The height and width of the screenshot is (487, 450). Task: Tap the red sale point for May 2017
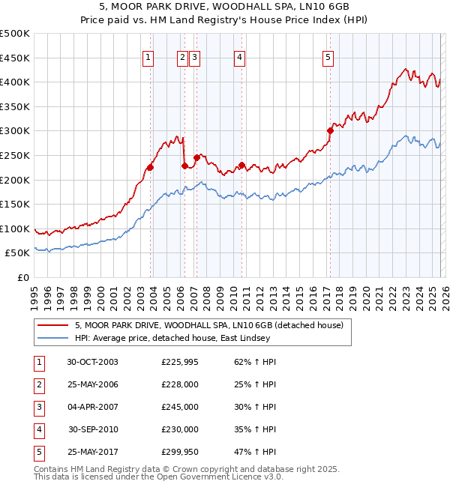[330, 130]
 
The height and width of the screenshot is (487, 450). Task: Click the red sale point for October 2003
[151, 167]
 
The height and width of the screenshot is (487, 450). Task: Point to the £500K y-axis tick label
[15, 34]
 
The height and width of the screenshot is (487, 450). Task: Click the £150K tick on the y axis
[15, 204]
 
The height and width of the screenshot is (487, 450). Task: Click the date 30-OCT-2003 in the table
[92, 363]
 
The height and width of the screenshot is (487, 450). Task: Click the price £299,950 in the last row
[180, 452]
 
